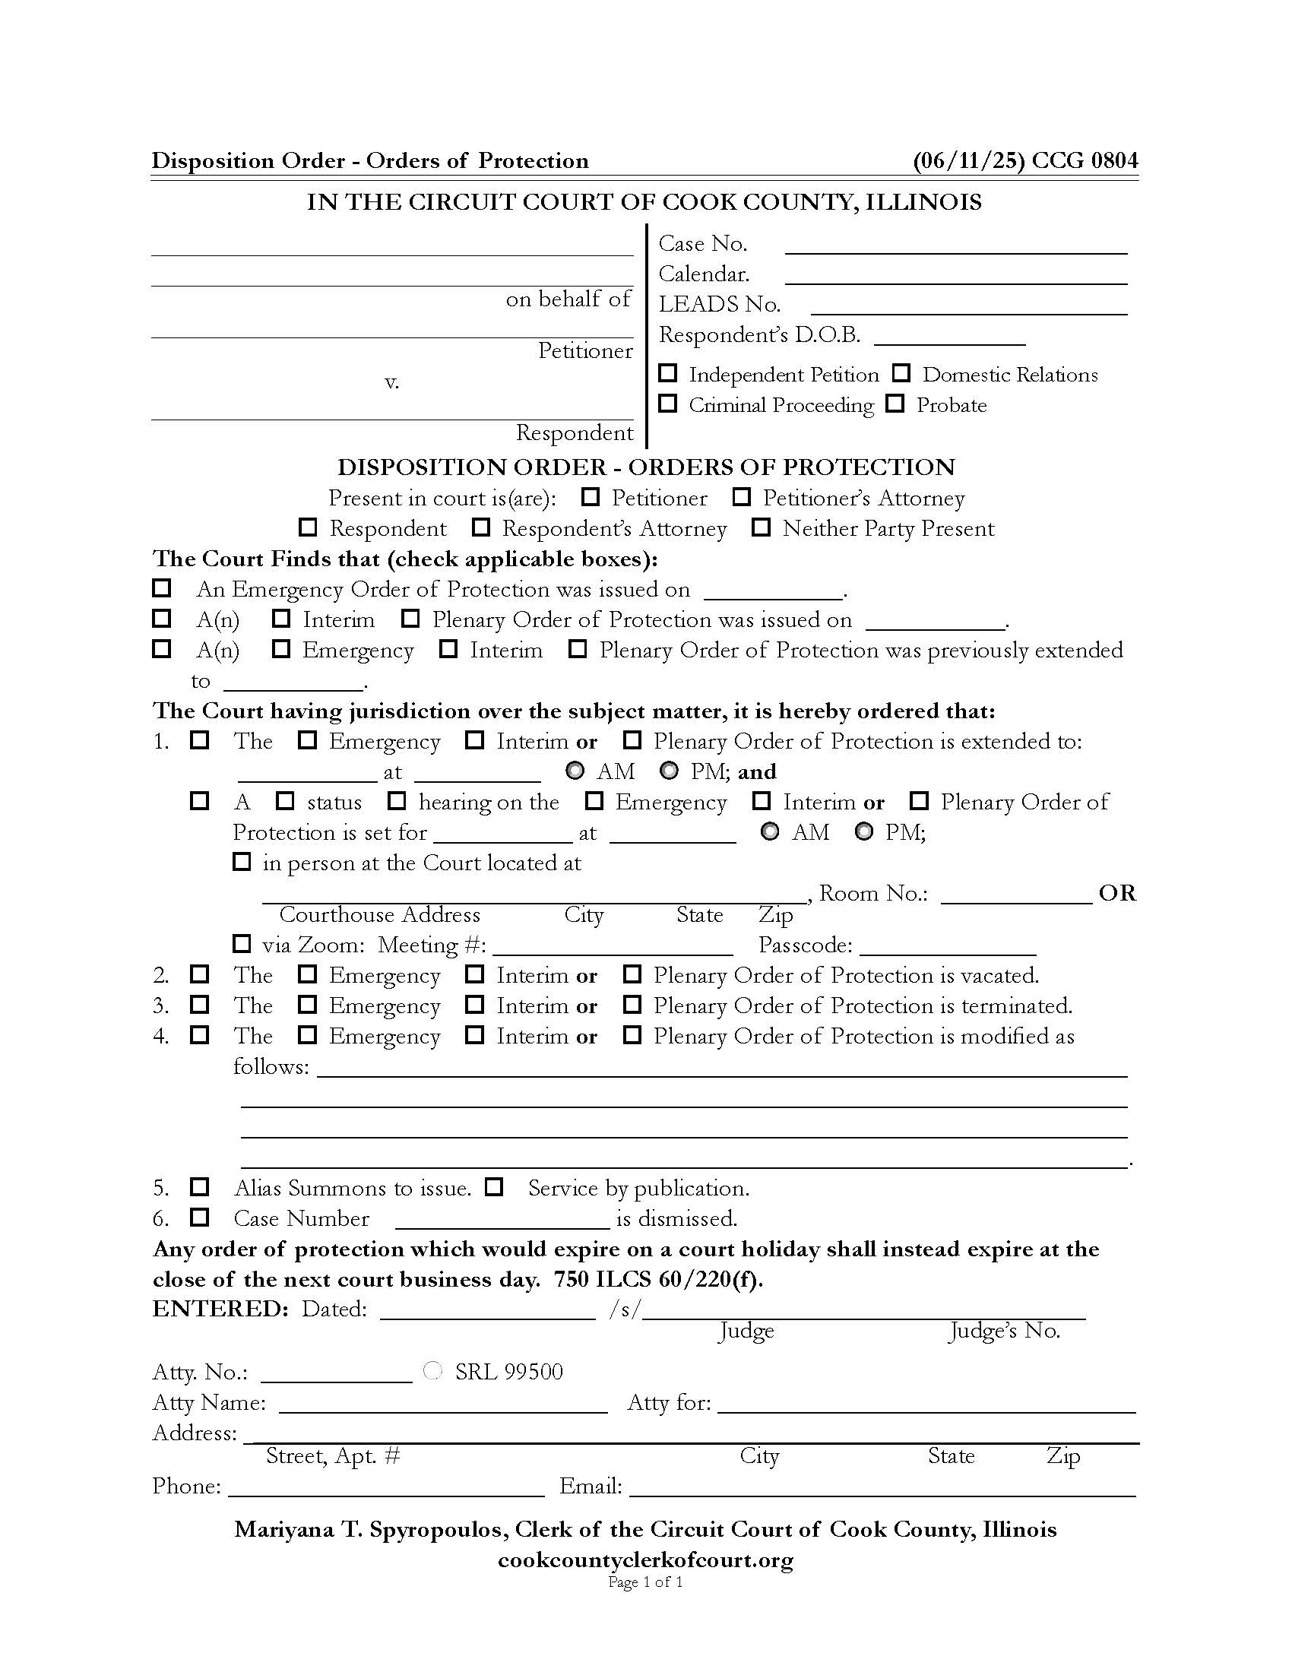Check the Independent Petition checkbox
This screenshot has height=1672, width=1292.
pyautogui.click(x=668, y=373)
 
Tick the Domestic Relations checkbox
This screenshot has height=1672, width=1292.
pyautogui.click(x=901, y=373)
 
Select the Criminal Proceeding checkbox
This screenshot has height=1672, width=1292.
pyautogui.click(x=668, y=404)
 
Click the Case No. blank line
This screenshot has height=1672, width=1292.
pyautogui.click(x=956, y=245)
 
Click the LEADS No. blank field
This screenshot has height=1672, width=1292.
pyautogui.click(x=968, y=306)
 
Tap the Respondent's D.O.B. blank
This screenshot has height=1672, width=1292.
pyautogui.click(x=949, y=337)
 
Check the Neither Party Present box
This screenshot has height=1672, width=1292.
pyautogui.click(x=761, y=527)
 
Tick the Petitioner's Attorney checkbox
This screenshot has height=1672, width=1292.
pyautogui.click(x=741, y=497)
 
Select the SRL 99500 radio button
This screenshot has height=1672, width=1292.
pyautogui.click(x=432, y=1371)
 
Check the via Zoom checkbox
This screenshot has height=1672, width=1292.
pyautogui.click(x=242, y=944)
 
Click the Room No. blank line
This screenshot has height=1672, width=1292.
pyautogui.click(x=1015, y=896)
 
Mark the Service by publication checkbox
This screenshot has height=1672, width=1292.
pyautogui.click(x=495, y=1187)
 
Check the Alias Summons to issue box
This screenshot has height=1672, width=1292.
pyautogui.click(x=200, y=1187)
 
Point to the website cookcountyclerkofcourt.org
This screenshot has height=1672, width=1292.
pyautogui.click(x=645, y=1560)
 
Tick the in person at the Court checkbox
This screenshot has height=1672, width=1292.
pyautogui.click(x=242, y=862)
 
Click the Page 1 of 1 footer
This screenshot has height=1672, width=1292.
pyautogui.click(x=645, y=1582)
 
